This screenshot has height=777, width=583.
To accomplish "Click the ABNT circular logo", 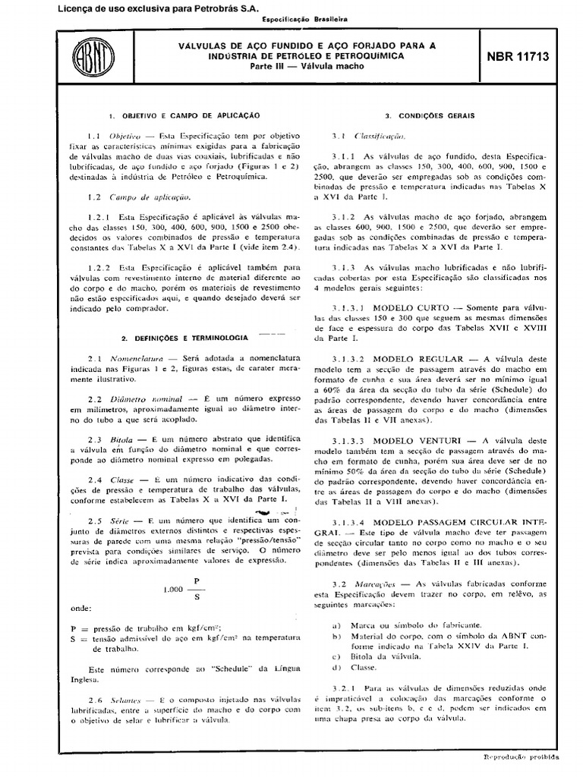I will [90, 59].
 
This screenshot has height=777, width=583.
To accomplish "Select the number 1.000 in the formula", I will [174, 590].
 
